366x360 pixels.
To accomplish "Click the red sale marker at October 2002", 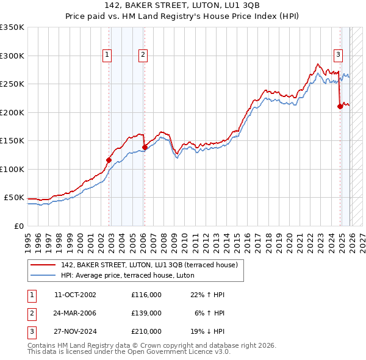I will coord(109,160).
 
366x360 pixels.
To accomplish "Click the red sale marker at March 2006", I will coord(145,147).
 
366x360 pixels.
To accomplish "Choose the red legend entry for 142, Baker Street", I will coord(152,265).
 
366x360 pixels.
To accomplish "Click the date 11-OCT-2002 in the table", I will coord(75,295).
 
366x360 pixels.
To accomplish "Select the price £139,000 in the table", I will coord(146,313).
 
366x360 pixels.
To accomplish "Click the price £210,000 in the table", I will coord(146,331).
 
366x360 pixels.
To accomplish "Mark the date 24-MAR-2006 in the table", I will coord(75,313).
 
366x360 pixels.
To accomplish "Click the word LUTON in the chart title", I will coord(213,6).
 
